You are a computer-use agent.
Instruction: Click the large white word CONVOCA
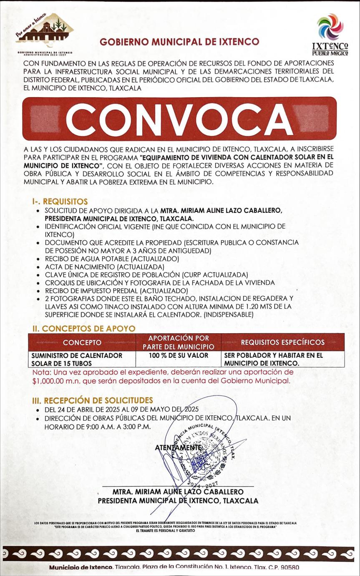(179, 119)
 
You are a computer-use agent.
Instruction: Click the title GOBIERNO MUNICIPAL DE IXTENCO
(179, 42)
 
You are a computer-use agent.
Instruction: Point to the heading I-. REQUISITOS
(60, 202)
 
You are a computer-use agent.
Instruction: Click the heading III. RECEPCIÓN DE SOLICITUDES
(93, 400)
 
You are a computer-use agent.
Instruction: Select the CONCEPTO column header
(82, 342)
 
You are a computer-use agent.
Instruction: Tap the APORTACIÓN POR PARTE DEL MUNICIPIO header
(178, 342)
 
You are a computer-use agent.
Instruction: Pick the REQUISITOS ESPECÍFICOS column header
(282, 342)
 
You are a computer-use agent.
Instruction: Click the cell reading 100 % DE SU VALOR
(178, 355)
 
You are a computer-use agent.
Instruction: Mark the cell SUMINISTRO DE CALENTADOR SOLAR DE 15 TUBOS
(77, 359)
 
